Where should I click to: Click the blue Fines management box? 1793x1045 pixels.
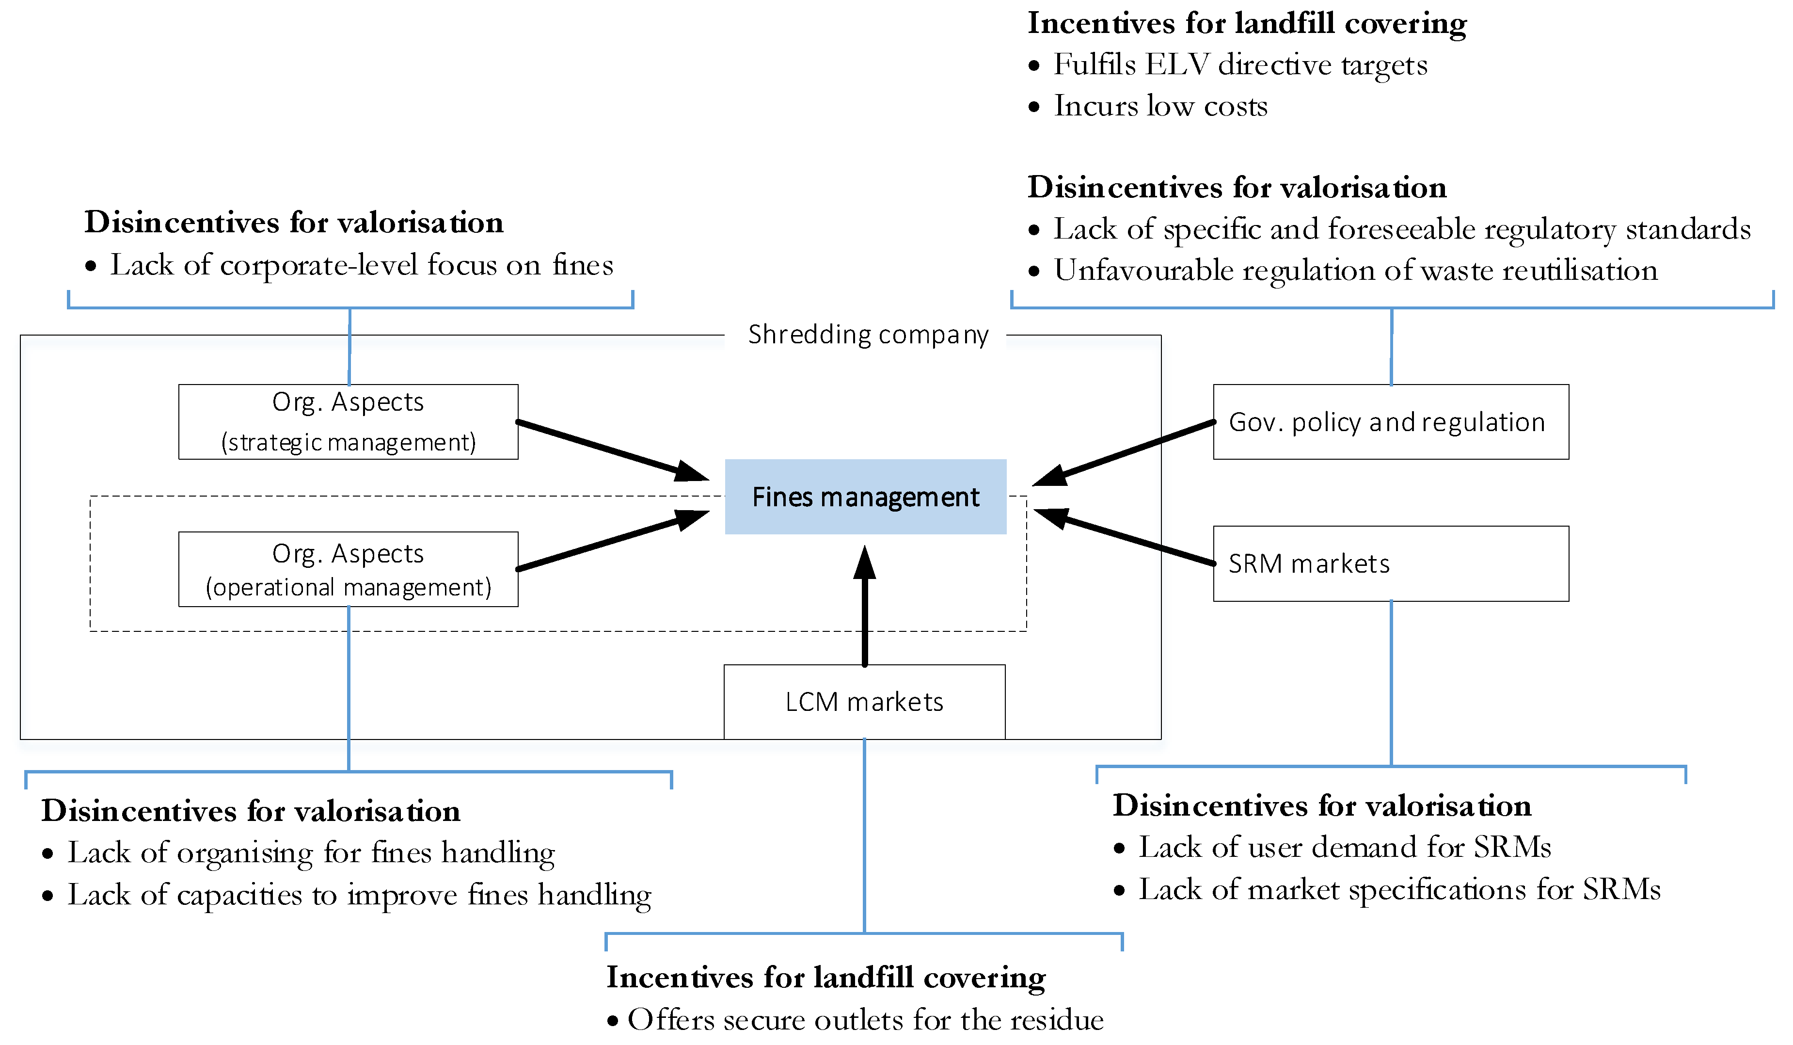point(865,497)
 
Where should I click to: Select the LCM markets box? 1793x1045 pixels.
point(864,702)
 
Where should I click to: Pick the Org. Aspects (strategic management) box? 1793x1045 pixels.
point(348,422)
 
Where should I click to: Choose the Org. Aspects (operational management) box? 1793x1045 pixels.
point(348,569)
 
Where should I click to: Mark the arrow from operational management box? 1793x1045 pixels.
point(612,541)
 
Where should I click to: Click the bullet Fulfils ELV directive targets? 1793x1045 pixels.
point(1239,65)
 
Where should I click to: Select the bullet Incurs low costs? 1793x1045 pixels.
point(1160,106)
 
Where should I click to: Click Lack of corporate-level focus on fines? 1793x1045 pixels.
point(361,266)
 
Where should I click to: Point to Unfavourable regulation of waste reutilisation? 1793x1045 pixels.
point(1355,271)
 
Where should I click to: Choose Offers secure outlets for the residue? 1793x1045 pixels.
point(864,1020)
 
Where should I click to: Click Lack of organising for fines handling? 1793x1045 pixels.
point(310,853)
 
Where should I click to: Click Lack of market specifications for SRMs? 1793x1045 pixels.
point(1398,890)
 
